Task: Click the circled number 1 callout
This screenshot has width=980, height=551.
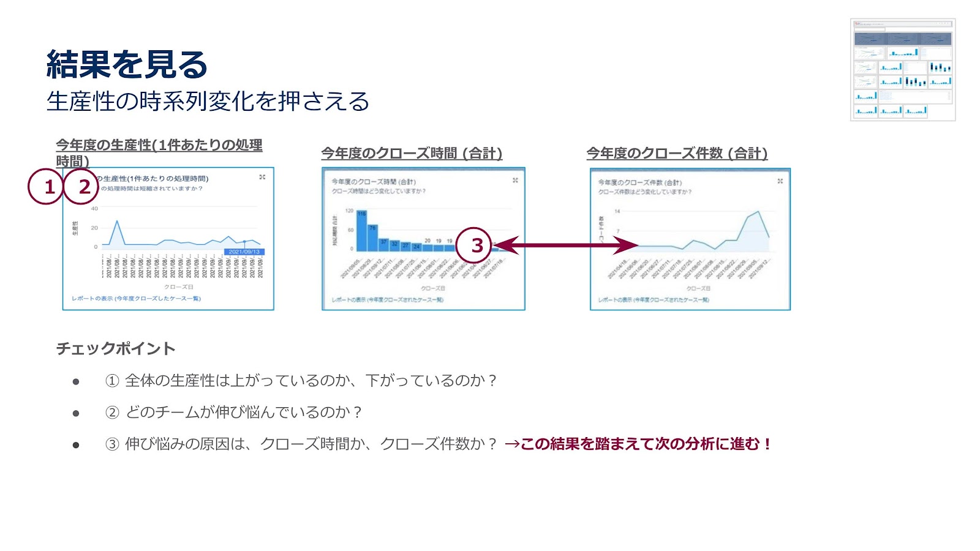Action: click(46, 186)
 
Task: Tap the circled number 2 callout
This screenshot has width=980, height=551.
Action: click(81, 186)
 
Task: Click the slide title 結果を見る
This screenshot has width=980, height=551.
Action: click(127, 64)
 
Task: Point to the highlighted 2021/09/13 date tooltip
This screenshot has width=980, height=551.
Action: click(244, 252)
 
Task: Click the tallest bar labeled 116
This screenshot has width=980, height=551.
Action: click(361, 231)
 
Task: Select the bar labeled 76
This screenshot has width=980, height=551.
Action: click(372, 238)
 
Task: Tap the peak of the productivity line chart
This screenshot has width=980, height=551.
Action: click(117, 221)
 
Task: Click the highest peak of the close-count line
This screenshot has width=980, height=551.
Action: click(759, 212)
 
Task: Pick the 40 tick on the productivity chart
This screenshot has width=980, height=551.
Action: click(94, 209)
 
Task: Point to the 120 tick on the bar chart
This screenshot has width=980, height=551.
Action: click(349, 211)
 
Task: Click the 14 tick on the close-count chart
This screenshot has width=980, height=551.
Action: click(617, 211)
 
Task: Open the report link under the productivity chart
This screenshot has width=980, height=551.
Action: click(136, 299)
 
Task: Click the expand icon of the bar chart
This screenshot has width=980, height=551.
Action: click(515, 181)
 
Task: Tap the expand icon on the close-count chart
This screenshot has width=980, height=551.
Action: click(780, 181)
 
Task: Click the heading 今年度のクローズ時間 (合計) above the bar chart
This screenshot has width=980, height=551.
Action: click(412, 153)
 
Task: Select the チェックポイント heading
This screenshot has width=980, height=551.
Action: click(116, 348)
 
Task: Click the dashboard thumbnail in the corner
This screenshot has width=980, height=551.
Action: click(903, 70)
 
